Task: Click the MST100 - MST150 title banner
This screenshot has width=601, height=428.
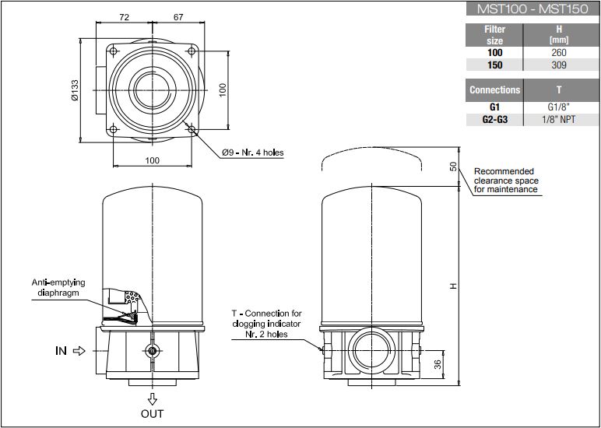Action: pyautogui.click(x=532, y=9)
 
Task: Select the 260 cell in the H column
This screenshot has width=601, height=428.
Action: pyautogui.click(x=559, y=52)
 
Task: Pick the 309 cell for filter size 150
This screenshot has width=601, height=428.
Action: pyautogui.click(x=559, y=65)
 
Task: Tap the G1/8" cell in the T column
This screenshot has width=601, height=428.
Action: pyautogui.click(x=559, y=107)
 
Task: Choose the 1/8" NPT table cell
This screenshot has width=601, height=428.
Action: pyautogui.click(x=559, y=120)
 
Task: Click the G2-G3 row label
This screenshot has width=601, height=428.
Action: pyautogui.click(x=495, y=120)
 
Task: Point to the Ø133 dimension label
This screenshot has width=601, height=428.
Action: pyautogui.click(x=75, y=90)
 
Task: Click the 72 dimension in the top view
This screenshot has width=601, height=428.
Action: pyautogui.click(x=124, y=17)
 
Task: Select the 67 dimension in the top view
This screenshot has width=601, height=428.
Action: pyautogui.click(x=178, y=17)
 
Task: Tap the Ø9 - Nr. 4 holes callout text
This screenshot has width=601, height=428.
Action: pyautogui.click(x=252, y=153)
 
